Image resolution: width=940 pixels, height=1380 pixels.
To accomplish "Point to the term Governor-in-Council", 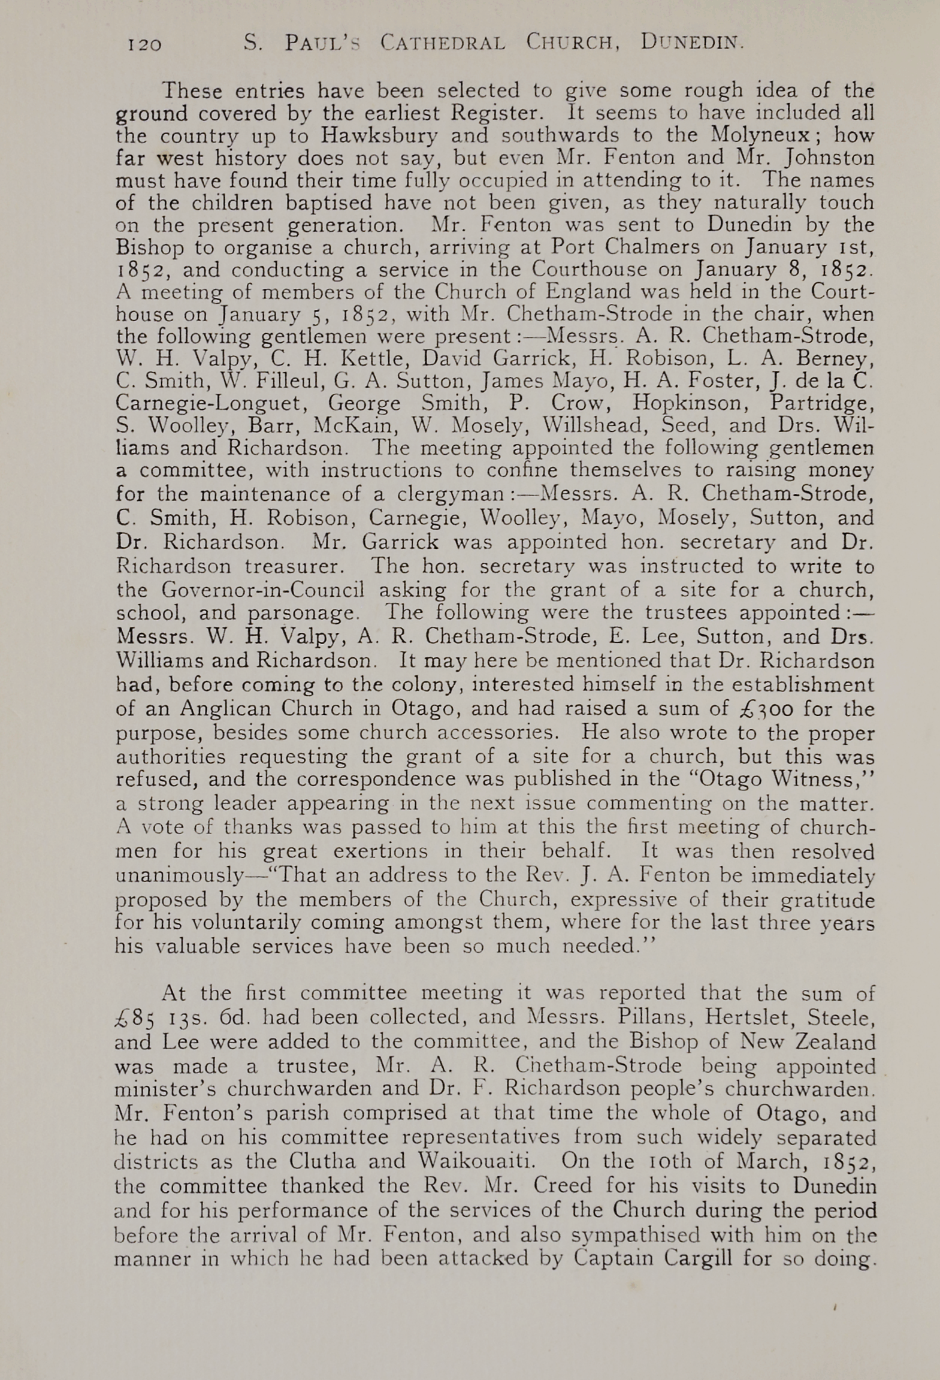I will pos(262,590).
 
